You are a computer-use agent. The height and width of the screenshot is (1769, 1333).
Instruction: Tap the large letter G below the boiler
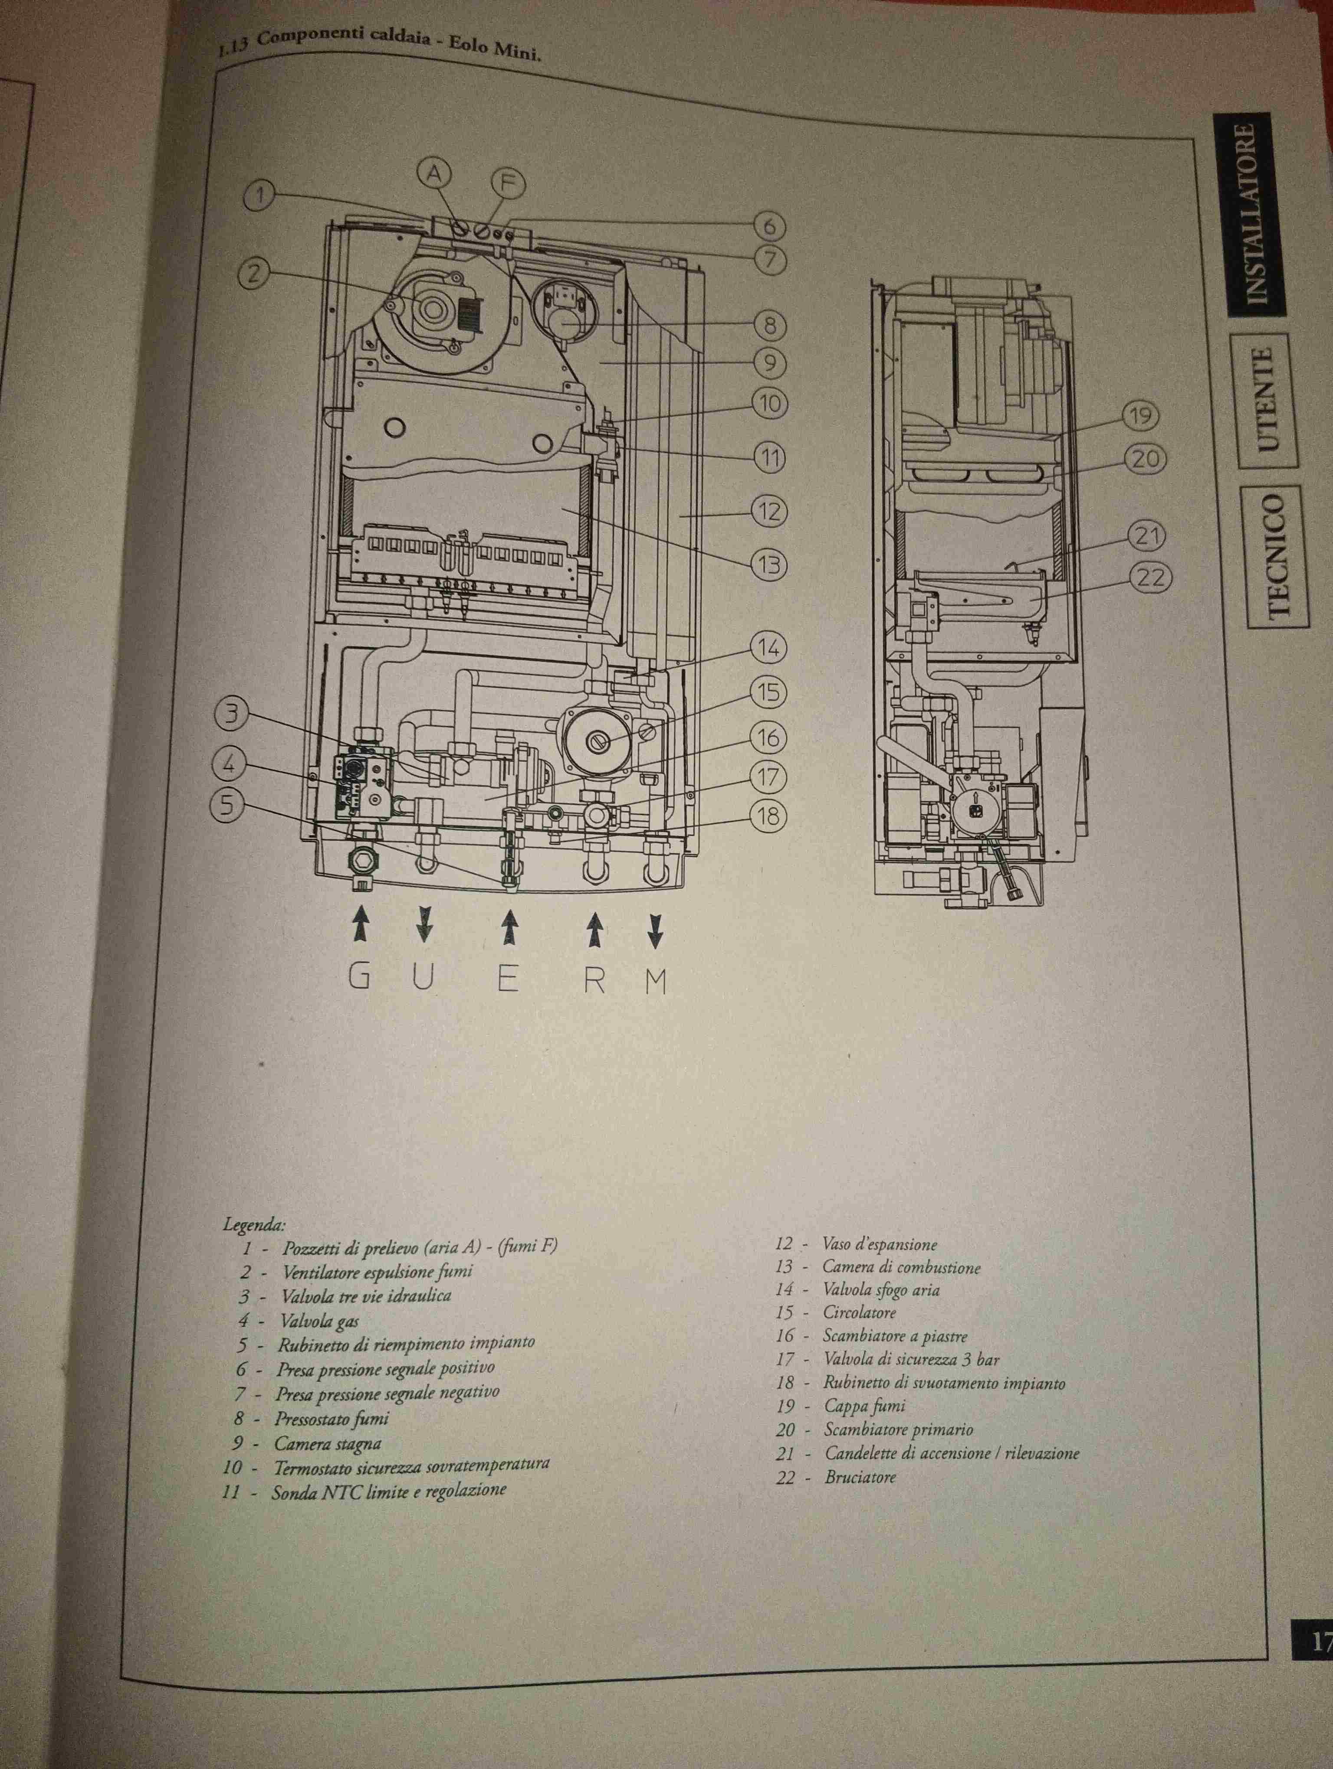point(359,978)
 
